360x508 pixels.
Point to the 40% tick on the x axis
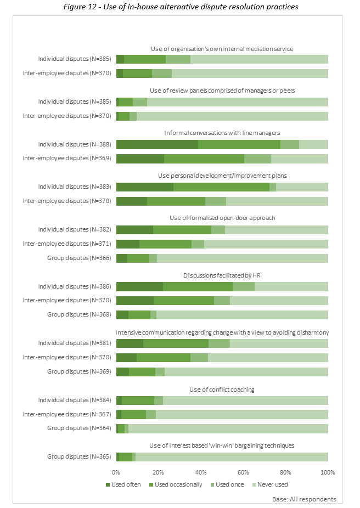click(x=201, y=472)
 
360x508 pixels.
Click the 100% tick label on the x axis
click(x=328, y=472)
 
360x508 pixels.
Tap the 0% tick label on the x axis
click(x=116, y=472)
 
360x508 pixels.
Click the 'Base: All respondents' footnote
click(x=303, y=499)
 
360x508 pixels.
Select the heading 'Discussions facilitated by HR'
click(x=222, y=275)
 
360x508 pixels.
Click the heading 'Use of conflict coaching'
click(x=222, y=390)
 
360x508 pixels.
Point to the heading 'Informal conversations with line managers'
click(x=222, y=133)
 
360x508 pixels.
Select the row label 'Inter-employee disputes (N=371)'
click(x=67, y=244)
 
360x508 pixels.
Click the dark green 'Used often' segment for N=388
click(x=157, y=145)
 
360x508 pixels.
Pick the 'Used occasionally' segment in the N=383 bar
click(x=221, y=187)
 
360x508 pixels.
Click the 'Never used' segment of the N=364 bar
click(x=228, y=428)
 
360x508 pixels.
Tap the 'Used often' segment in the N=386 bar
click(x=139, y=286)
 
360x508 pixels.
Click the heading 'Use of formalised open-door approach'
click(x=222, y=218)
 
